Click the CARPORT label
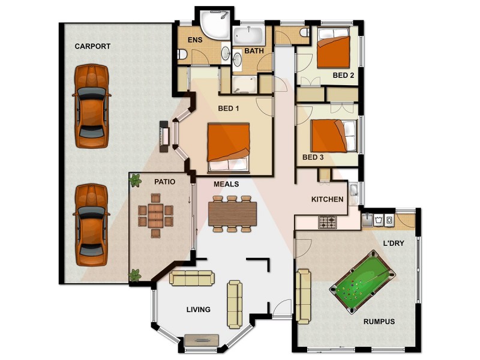click(x=92, y=46)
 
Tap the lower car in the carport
click(x=92, y=225)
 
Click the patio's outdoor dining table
click(x=155, y=215)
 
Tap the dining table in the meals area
click(x=232, y=213)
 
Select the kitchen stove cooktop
click(x=328, y=223)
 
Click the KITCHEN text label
click(x=327, y=199)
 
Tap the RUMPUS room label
click(x=379, y=322)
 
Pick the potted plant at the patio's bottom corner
click(x=135, y=275)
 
